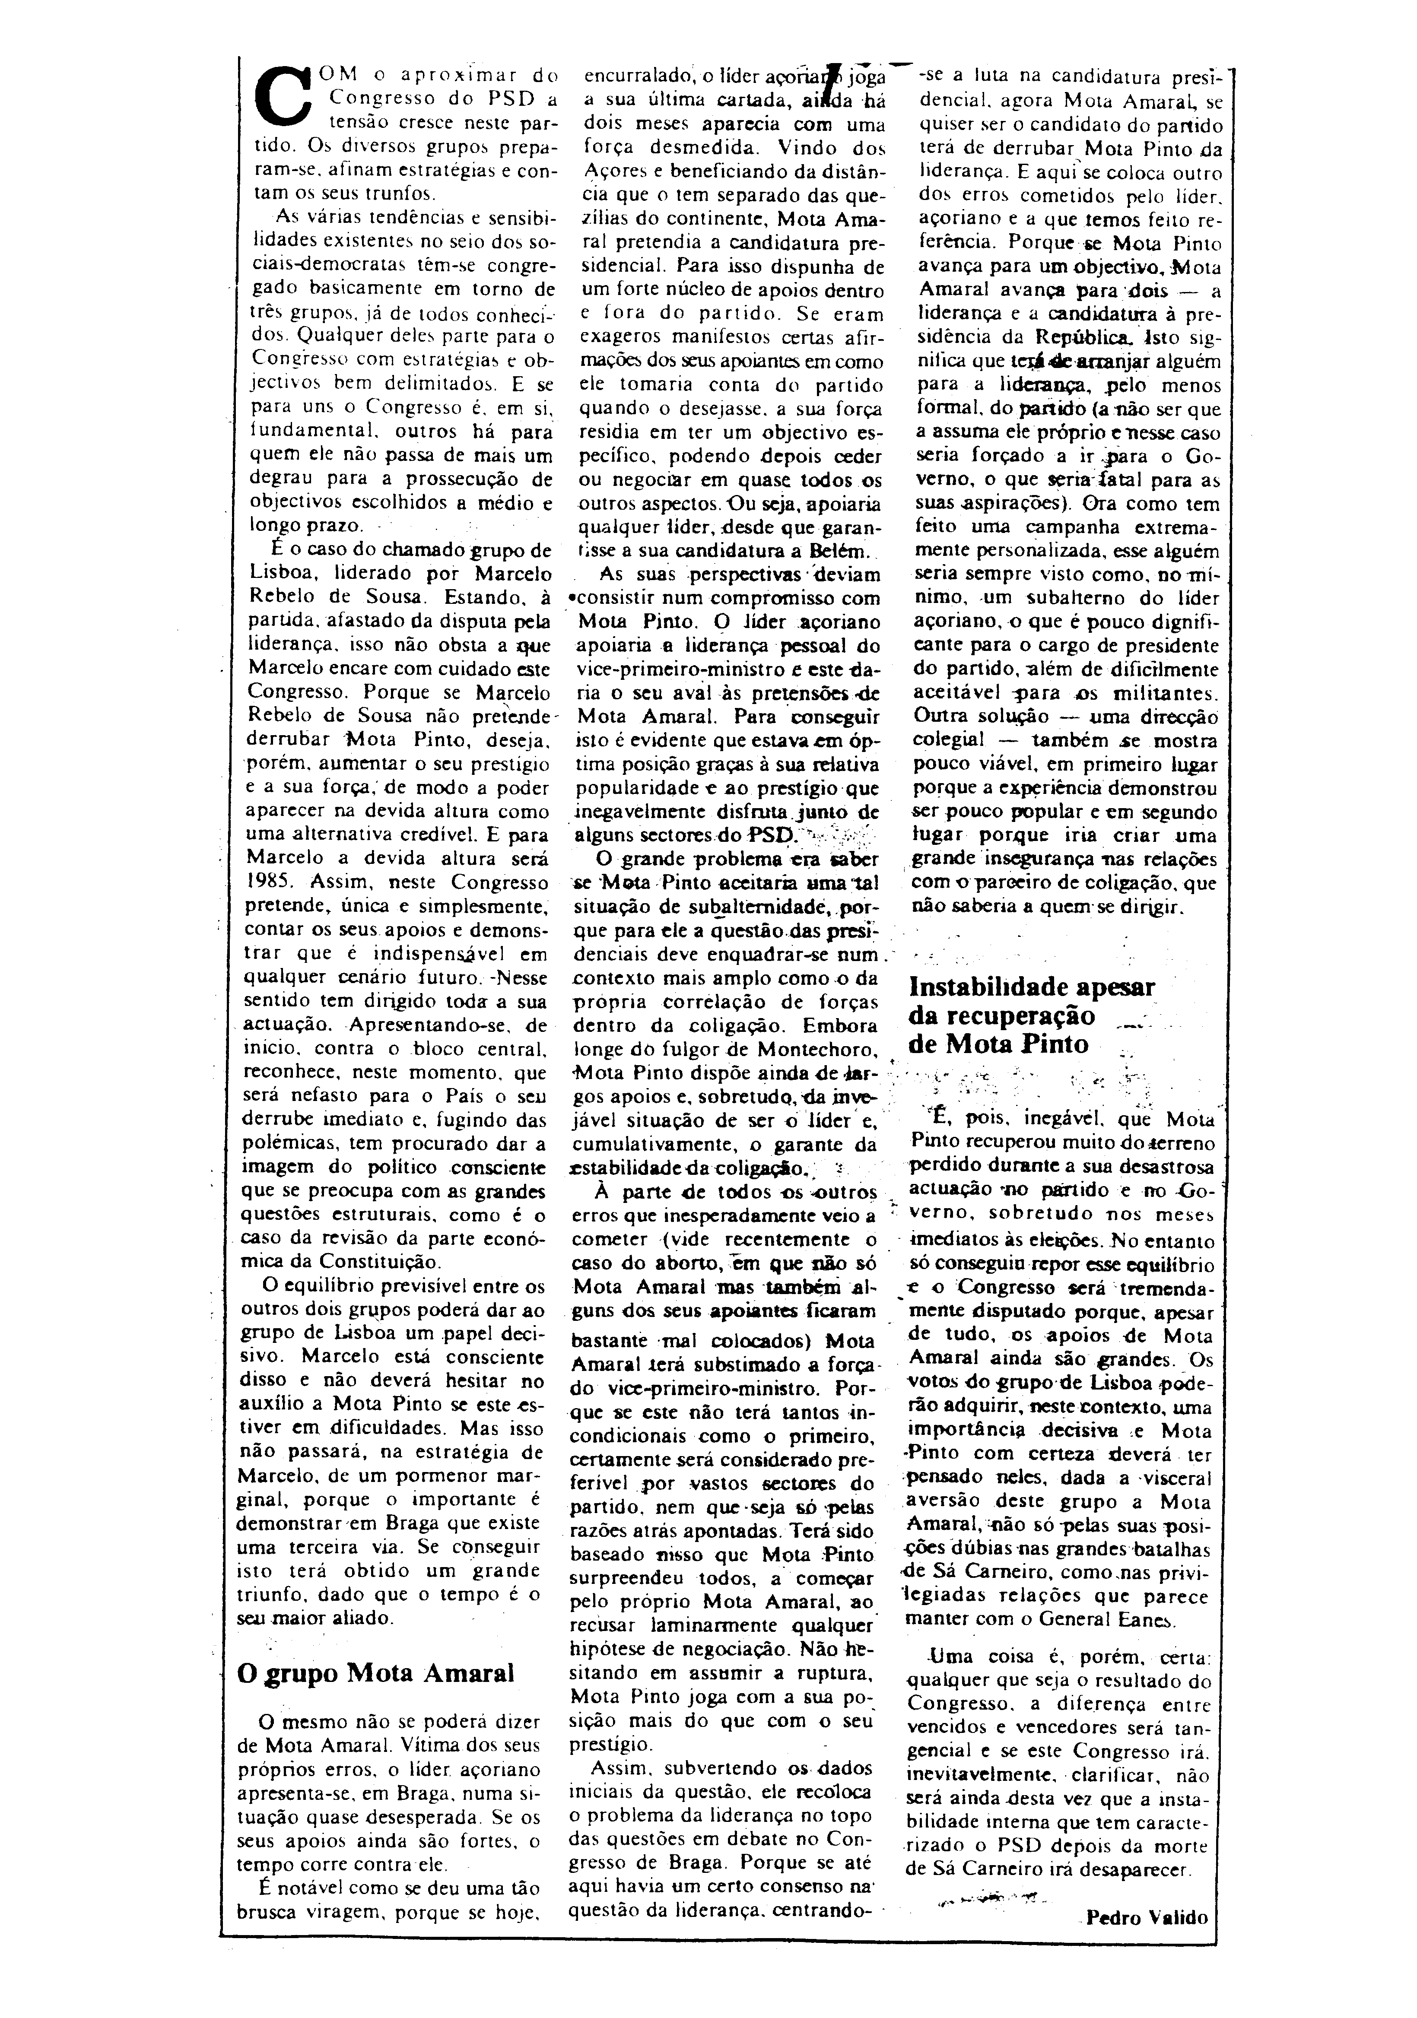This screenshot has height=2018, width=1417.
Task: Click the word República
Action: [1081, 336]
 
